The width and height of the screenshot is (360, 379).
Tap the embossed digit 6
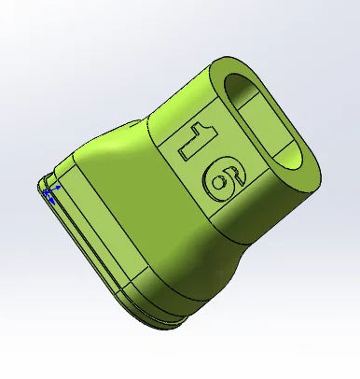(x=220, y=177)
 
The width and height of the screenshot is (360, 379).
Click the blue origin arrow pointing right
(x=58, y=187)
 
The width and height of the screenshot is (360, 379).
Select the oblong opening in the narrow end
(x=267, y=121)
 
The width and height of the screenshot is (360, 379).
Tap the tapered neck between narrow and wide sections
(x=131, y=140)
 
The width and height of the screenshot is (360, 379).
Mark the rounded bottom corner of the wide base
(x=173, y=322)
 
